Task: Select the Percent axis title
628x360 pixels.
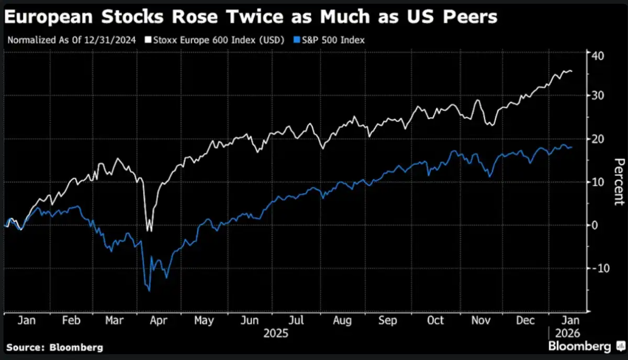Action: (x=619, y=182)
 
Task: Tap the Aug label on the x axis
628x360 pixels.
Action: (x=342, y=320)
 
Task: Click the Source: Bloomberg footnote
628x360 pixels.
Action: (x=55, y=347)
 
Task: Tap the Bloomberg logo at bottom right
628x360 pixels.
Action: (x=580, y=346)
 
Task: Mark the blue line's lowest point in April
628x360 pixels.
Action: (x=149, y=290)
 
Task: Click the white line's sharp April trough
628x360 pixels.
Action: (x=149, y=231)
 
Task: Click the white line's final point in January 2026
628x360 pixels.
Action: (x=571, y=71)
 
